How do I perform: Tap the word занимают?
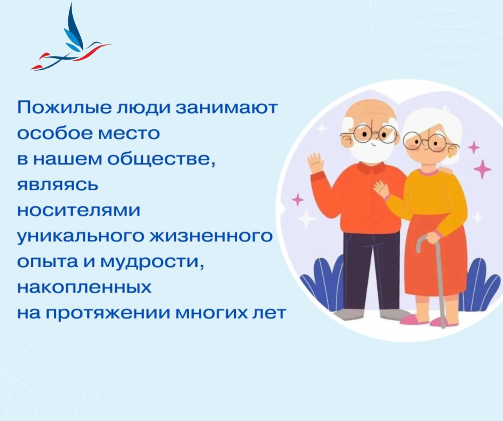(x=227, y=108)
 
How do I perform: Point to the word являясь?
(x=57, y=185)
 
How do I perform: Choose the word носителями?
(x=79, y=210)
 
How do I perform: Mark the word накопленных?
(x=84, y=288)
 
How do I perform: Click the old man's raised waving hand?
(x=315, y=162)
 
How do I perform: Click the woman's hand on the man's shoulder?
(x=446, y=170)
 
